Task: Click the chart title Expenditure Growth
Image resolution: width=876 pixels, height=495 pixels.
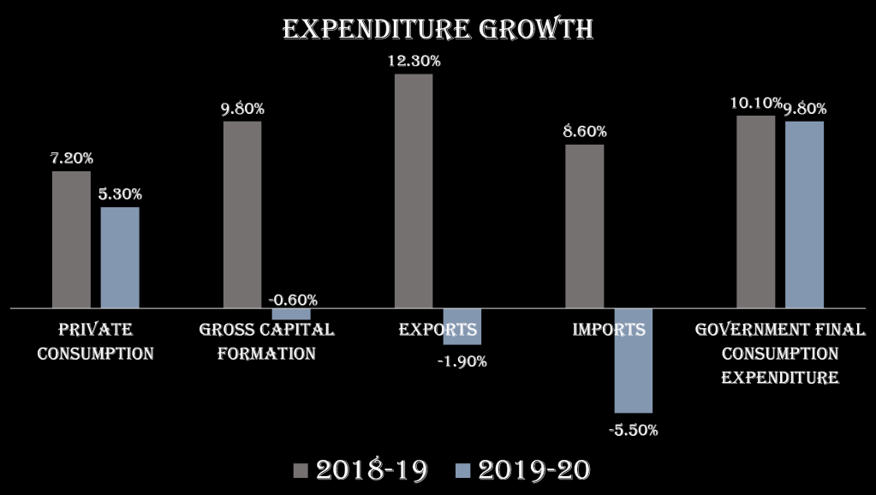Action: [x=438, y=28]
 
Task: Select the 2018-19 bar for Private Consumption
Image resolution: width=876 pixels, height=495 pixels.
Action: [x=71, y=239]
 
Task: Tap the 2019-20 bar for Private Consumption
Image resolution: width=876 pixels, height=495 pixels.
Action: [x=120, y=257]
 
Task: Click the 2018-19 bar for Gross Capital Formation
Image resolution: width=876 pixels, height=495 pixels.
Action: [x=242, y=214]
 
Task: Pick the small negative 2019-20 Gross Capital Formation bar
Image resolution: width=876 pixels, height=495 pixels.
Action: [x=291, y=313]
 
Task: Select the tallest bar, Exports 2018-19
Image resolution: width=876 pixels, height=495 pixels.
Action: [x=414, y=190]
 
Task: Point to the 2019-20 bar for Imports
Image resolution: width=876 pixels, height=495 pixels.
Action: [x=634, y=360]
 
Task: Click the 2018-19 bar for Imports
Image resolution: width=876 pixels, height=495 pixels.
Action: [x=585, y=225]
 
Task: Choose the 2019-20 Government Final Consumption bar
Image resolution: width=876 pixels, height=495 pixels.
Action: [x=805, y=214]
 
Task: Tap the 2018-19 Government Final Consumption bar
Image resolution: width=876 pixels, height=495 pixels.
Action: [x=756, y=211]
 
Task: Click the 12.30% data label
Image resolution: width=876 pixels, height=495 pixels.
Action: [x=414, y=61]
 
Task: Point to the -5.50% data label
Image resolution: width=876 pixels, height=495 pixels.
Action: [x=634, y=430]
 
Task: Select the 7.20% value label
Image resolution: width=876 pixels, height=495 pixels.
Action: [x=71, y=158]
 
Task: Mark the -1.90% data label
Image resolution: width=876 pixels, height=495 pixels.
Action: [x=462, y=361]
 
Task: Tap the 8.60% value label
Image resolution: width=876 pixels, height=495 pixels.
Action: [x=585, y=132]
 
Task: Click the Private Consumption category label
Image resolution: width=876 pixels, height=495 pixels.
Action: [x=95, y=341]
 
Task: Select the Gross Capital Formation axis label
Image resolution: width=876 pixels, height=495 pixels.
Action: [x=266, y=341]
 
